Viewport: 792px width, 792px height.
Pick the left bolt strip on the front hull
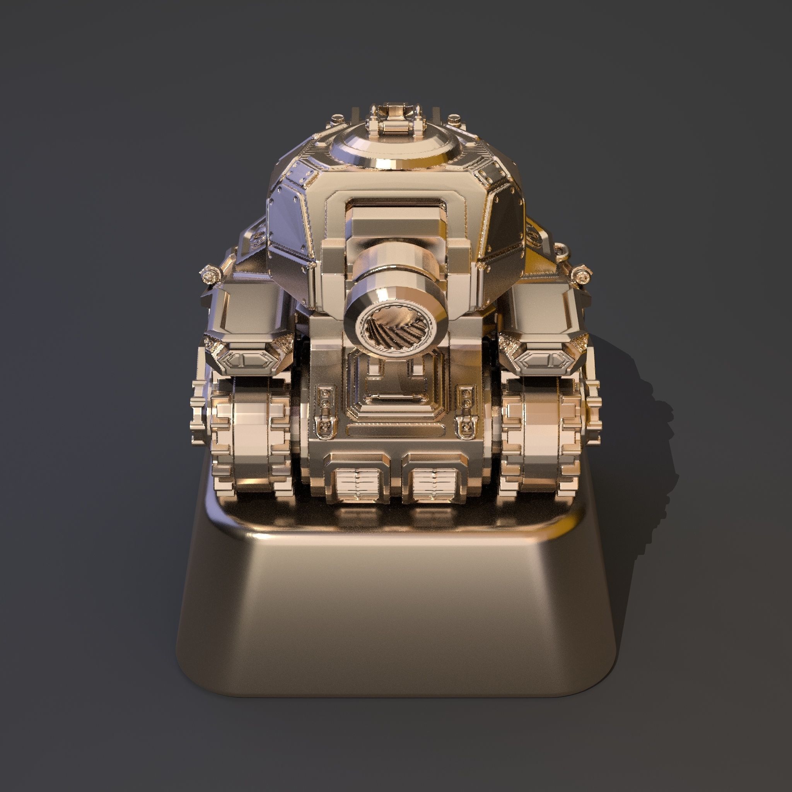pos(325,404)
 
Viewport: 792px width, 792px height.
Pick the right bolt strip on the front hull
pos(465,404)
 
